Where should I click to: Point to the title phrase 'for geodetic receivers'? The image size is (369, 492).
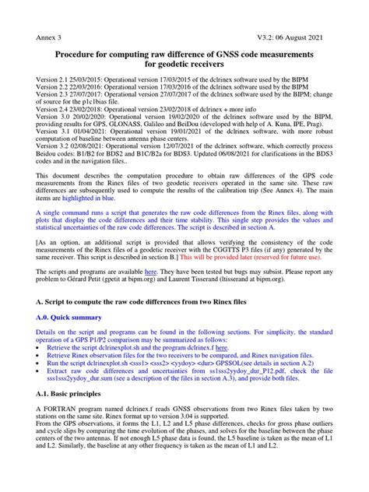pos(184,68)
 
